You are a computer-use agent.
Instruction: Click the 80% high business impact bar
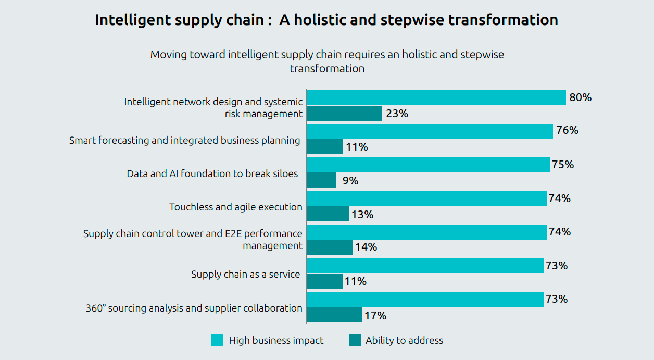tap(436, 98)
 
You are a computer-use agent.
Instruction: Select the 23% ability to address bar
tap(344, 114)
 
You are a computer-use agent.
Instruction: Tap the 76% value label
tap(567, 130)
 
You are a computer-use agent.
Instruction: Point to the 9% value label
tap(350, 181)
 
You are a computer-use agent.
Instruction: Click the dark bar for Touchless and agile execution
tap(328, 214)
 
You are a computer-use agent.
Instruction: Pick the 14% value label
tap(366, 247)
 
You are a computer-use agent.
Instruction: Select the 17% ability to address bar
tap(334, 315)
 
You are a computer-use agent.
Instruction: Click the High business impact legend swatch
tap(217, 341)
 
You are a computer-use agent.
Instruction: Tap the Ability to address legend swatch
tap(355, 341)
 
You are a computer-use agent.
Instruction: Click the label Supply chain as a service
tap(245, 274)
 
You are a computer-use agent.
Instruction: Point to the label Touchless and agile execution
tap(235, 207)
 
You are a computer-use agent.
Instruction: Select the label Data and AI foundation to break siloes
tap(212, 173)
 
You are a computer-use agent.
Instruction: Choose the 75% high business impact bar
tap(428, 165)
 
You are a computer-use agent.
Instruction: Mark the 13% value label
tap(362, 214)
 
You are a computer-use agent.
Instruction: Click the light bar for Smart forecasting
tap(430, 131)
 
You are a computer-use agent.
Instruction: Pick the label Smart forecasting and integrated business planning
tap(184, 140)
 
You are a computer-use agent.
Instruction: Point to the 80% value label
tap(580, 97)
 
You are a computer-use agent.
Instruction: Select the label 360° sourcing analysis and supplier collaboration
tap(194, 308)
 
